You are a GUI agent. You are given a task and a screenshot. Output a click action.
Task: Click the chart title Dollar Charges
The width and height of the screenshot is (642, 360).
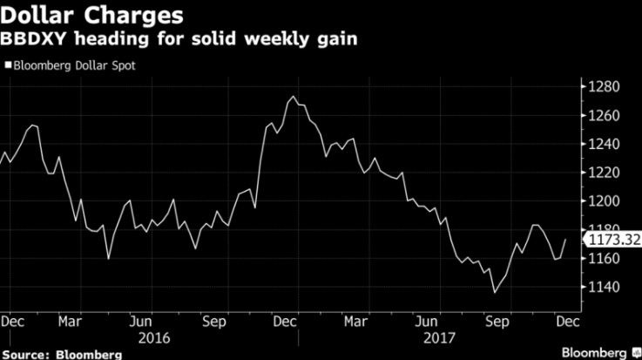click(x=91, y=16)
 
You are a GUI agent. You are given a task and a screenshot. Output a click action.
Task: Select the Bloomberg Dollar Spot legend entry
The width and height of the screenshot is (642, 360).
click(x=73, y=65)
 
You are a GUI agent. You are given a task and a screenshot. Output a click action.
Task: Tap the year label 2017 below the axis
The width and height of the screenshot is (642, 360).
click(x=432, y=336)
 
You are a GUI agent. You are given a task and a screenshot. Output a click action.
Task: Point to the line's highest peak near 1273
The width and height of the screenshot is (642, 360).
click(x=294, y=97)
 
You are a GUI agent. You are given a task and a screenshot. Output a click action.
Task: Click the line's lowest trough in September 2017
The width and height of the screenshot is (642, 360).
click(x=495, y=293)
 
